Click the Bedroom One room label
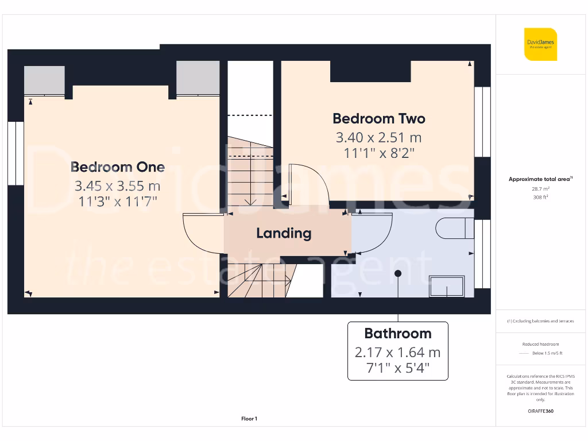coord(118,167)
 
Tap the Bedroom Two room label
coord(379,118)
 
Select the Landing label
coord(284,233)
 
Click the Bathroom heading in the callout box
coord(397,333)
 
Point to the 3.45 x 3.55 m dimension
coord(118,186)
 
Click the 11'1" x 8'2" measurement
coord(379,153)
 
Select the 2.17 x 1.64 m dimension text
coord(397,352)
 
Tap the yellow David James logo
coord(540,44)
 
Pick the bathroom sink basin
coord(447,285)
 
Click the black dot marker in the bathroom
coord(397,273)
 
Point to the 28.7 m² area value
coord(540,188)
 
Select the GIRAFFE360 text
coord(540,411)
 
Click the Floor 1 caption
coord(249,419)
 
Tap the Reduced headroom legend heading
coord(540,344)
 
